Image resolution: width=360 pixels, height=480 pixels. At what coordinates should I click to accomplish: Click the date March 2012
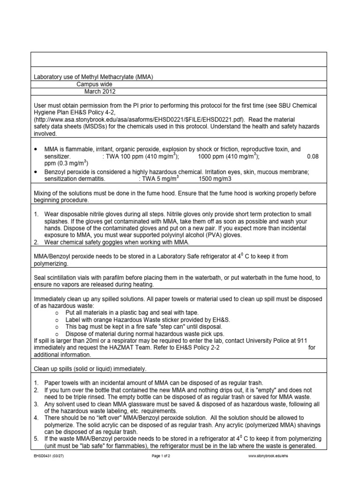[x=99, y=92]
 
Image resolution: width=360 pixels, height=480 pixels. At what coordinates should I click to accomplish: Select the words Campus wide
[x=94, y=84]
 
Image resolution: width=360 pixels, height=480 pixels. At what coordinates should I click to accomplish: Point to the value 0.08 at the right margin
[x=312, y=156]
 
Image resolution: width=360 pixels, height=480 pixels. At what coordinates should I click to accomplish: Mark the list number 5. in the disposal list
[x=36, y=439]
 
